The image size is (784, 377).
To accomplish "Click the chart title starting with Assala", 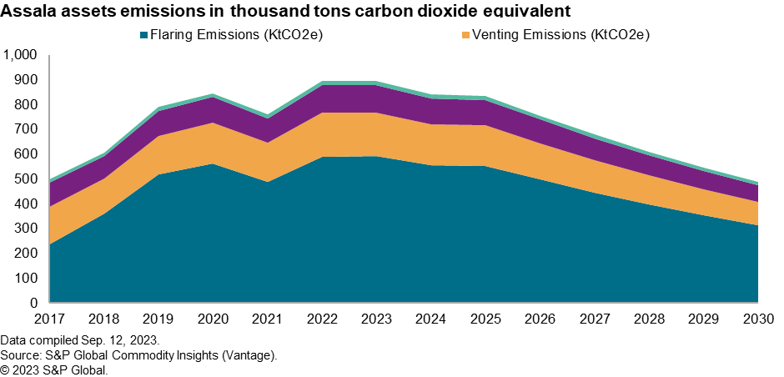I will point(286,12).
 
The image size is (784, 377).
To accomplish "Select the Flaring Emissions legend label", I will point(236,35).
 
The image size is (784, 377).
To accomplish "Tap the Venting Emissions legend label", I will point(560,35).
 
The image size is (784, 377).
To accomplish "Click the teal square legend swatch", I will point(143,35).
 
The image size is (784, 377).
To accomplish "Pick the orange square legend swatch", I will point(465,35).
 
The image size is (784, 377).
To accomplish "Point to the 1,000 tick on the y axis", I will point(21,56).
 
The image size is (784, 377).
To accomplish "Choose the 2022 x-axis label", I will point(322,319).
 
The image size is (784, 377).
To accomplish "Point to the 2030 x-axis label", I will point(757,319).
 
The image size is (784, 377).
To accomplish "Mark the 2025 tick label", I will point(485,319).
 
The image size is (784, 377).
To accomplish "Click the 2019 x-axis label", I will point(158,319).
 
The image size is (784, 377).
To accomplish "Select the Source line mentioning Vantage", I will point(138,355).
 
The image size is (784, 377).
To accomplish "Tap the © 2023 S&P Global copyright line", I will point(54,369).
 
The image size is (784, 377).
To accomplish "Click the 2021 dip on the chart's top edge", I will point(268,116).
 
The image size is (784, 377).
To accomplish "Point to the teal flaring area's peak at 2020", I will point(213,164).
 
